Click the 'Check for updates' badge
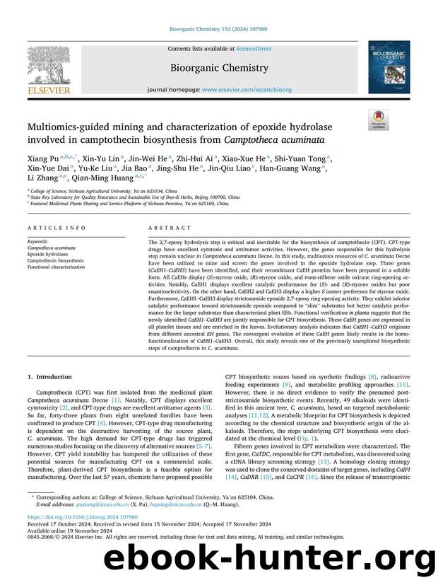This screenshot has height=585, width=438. click(378, 121)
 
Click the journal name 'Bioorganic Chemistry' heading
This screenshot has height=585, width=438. click(218, 68)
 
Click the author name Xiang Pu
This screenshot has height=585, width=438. click(40, 158)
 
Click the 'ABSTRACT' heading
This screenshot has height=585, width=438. click(170, 228)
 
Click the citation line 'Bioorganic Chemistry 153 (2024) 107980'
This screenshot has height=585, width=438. click(218, 29)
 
